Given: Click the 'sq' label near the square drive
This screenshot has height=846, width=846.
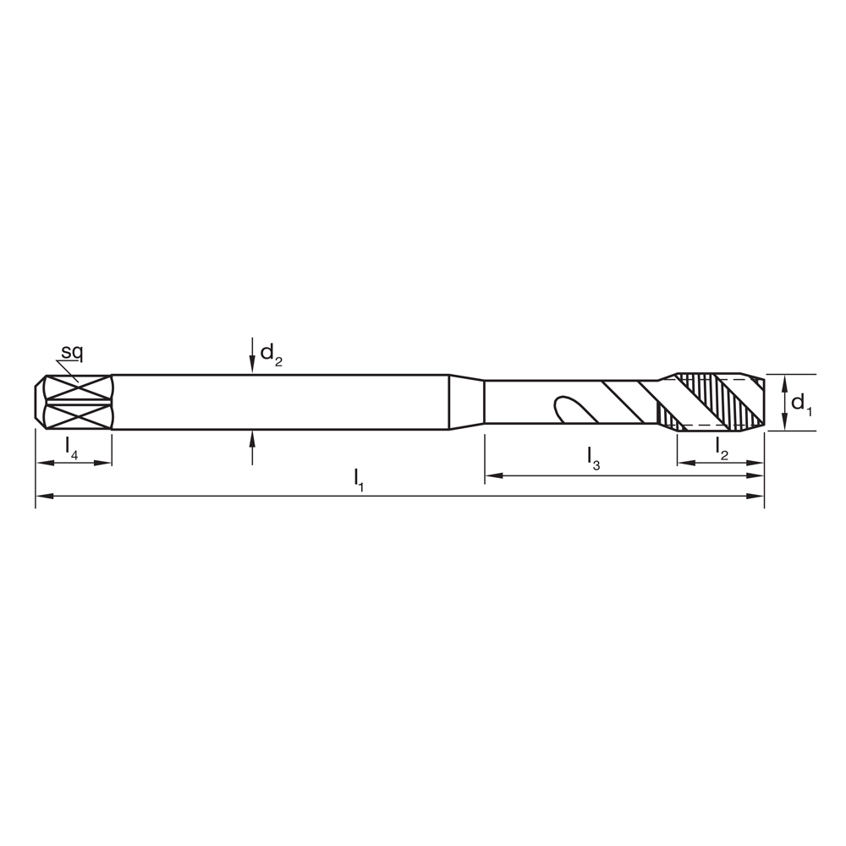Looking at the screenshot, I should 71,351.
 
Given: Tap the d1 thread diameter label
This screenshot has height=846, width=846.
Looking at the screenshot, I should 800,404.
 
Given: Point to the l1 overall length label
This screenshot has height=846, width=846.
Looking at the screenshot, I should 359,479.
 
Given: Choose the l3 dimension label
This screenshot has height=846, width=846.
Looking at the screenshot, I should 594,458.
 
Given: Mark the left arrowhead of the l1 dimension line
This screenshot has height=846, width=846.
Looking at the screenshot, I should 43,495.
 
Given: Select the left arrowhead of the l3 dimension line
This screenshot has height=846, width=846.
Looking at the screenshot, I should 492,476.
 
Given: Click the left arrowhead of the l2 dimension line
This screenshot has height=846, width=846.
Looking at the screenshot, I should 685,463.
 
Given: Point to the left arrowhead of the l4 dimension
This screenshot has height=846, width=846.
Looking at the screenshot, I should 43,463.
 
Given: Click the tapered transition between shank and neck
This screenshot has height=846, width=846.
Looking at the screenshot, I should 466,403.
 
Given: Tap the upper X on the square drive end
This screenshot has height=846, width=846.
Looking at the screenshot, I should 77,388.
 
